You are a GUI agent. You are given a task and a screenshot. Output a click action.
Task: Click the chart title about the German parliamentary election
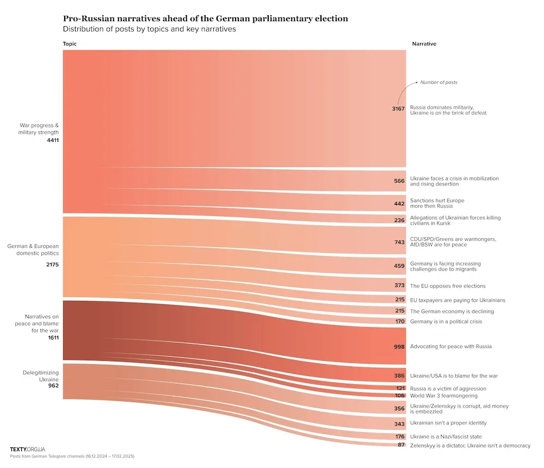(206, 19)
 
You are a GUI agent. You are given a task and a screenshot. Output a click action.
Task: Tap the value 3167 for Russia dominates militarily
(398, 109)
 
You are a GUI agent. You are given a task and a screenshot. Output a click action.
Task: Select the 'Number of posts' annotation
(438, 83)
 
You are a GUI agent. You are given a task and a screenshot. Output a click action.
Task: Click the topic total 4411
(53, 140)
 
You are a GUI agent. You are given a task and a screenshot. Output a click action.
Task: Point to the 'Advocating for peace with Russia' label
(450, 347)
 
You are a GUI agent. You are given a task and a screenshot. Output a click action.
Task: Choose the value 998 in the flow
(399, 347)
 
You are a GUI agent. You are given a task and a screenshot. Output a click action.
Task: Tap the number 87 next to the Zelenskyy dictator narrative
(401, 446)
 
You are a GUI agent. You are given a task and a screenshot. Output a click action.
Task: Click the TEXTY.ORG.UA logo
(27, 449)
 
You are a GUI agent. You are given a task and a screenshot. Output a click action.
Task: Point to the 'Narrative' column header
(424, 44)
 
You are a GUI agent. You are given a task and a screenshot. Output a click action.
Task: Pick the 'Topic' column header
(70, 44)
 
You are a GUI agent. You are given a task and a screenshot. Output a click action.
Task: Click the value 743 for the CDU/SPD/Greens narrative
(399, 242)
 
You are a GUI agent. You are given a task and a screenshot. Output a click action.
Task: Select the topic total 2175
(53, 265)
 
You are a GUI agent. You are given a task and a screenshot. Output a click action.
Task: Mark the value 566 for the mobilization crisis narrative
(399, 181)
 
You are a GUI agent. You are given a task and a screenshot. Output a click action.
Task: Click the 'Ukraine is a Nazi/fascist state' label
(446, 436)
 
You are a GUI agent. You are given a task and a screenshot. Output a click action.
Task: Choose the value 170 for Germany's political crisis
(399, 322)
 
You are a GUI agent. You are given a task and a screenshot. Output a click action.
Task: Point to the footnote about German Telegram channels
(72, 457)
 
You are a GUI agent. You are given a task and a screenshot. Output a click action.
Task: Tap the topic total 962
(53, 385)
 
